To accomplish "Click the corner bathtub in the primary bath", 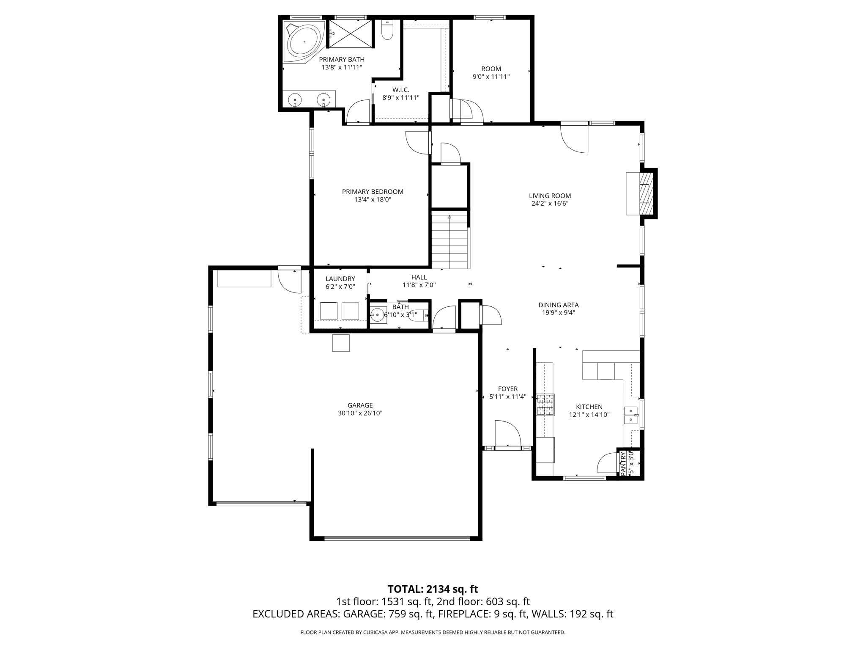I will [304, 42].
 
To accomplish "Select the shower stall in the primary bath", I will [351, 33].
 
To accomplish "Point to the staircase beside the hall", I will [449, 241].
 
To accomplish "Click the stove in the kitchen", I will [545, 405].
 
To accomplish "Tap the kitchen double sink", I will [630, 415].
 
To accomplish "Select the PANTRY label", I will [623, 463].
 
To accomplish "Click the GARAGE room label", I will [360, 405].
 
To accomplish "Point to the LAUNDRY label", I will [340, 279].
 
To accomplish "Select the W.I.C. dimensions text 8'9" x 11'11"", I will [401, 98].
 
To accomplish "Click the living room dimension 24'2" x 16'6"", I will [550, 204].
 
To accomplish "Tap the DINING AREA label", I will [558, 305].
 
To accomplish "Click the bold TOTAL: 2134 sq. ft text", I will [433, 589].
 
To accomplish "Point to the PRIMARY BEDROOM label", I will [373, 192].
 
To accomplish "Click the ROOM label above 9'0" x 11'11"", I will [491, 69].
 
